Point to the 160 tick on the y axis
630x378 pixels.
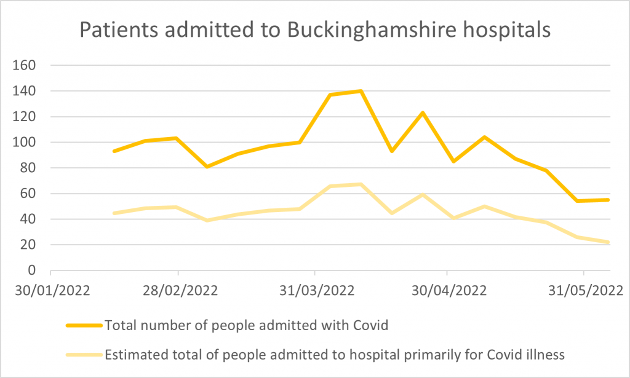pos(27,65)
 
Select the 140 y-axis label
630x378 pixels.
pos(27,91)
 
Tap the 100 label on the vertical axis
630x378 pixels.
pos(27,142)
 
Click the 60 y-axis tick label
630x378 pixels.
pos(31,194)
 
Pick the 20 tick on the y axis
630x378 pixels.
pos(31,245)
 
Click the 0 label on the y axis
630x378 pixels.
pos(34,270)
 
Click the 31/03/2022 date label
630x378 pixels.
pos(315,290)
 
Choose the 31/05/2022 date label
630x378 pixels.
pos(583,290)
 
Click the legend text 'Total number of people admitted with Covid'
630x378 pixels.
pos(247,325)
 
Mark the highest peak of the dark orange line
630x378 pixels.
pos(361,91)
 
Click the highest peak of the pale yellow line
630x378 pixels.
pos(361,184)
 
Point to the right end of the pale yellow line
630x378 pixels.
pos(609,242)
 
